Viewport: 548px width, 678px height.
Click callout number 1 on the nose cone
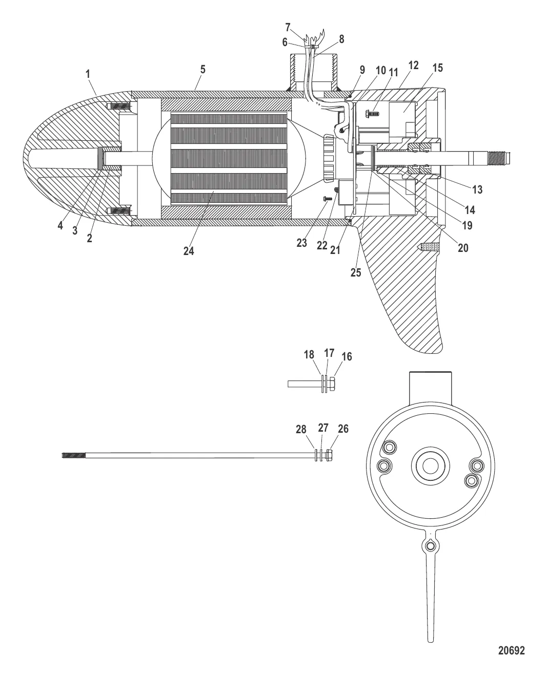tap(88, 74)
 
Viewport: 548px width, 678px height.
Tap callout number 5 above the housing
tap(203, 70)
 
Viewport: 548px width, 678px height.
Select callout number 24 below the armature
tap(189, 251)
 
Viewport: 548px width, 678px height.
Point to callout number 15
tap(438, 68)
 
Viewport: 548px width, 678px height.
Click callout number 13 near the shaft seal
tap(477, 190)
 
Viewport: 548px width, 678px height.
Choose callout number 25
tap(355, 272)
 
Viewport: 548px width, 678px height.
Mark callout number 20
tap(463, 248)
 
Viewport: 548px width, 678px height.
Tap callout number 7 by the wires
tap(288, 27)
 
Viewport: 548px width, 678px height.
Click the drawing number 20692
tap(512, 651)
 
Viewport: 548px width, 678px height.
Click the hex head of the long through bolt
tap(330, 454)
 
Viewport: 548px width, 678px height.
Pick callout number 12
tap(413, 65)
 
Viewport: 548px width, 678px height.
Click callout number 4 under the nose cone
tap(60, 226)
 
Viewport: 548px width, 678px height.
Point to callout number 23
tap(301, 243)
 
